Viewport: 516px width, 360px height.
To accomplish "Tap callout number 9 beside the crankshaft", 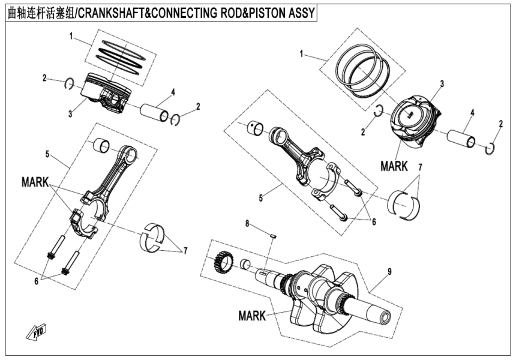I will (x=389, y=272).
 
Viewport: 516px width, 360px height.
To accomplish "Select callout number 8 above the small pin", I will (x=247, y=224).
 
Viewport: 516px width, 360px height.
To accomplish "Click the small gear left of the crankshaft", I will (x=223, y=262).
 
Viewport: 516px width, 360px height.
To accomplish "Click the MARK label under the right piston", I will (x=394, y=166).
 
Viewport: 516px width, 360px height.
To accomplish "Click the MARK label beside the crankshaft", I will (x=252, y=314).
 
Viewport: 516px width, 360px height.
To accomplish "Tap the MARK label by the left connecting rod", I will (x=35, y=180).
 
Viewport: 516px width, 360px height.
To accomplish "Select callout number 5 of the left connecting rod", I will (x=47, y=154).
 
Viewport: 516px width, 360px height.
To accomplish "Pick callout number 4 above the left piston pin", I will (x=172, y=92).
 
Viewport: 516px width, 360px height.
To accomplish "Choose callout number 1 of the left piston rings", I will (x=71, y=36).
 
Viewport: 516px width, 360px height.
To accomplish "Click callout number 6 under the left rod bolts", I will (x=37, y=281).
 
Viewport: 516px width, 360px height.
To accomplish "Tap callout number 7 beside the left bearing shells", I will (x=185, y=251).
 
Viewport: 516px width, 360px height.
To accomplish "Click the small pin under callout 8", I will (x=272, y=235).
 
